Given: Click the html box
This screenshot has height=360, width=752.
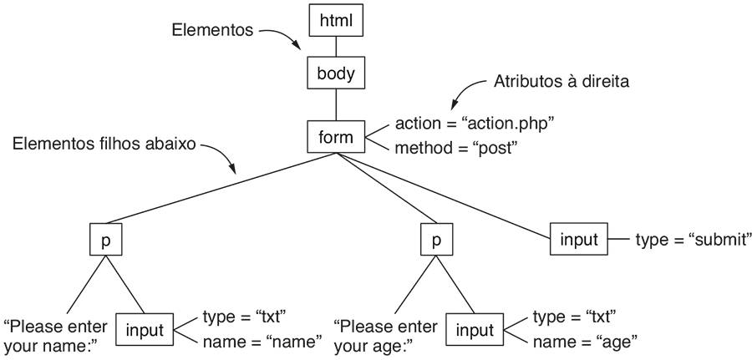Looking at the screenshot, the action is (336, 20).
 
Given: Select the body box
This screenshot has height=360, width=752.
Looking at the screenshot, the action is (336, 73).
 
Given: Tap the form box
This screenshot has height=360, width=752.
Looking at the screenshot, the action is (336, 137).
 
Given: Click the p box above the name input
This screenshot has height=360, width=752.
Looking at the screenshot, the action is (105, 239).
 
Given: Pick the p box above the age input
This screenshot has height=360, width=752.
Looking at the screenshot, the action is (436, 239).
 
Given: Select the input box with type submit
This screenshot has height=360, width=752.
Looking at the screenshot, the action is (578, 239).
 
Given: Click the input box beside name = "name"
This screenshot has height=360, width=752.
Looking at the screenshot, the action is (145, 329).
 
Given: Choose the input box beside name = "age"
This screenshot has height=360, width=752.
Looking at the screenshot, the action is (475, 329).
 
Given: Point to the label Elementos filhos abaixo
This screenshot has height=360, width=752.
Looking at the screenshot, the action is (104, 144).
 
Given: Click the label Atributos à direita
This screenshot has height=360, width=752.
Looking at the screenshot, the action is (561, 82).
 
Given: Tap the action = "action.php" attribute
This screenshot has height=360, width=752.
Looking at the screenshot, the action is (475, 124).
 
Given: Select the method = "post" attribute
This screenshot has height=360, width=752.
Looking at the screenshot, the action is (456, 148).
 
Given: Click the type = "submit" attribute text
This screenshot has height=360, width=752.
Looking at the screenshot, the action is (694, 239).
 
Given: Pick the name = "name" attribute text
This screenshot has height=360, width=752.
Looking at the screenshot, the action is (262, 342).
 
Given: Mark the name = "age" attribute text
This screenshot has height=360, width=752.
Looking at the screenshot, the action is (585, 342).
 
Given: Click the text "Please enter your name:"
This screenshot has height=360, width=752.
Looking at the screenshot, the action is (56, 336).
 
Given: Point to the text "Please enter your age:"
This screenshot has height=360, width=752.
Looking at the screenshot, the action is (385, 336).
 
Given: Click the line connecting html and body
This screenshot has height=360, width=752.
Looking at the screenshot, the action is (336, 47).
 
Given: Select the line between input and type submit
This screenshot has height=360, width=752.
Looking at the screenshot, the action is (618, 239).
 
